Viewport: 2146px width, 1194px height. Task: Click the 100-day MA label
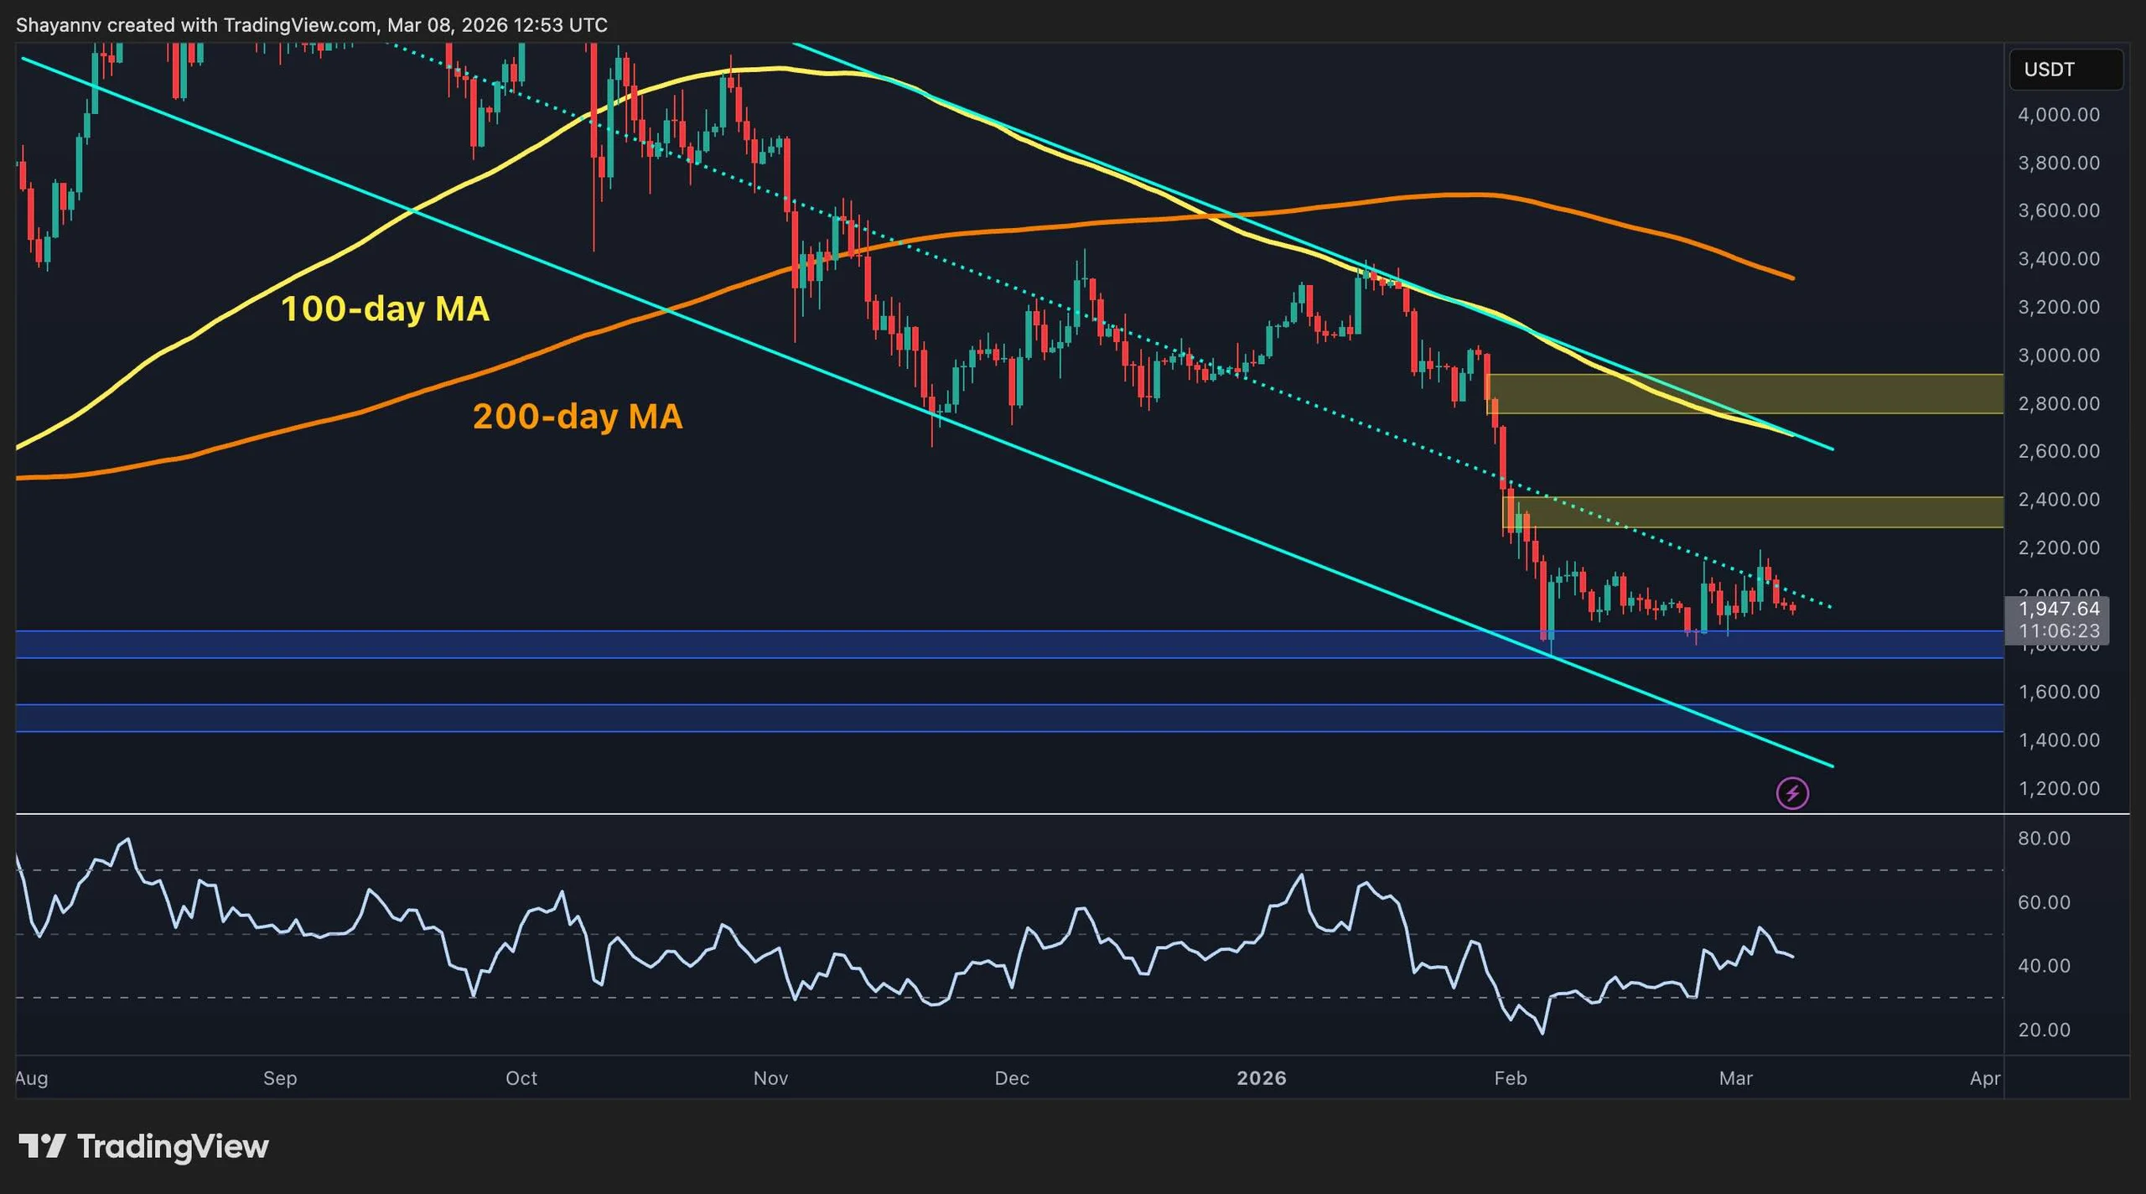[385, 309]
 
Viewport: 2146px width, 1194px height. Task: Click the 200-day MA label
[578, 417]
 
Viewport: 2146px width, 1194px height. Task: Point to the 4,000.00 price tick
[2058, 115]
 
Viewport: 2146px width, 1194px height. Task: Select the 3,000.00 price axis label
[2058, 356]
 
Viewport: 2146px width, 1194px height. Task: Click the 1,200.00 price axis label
[2058, 789]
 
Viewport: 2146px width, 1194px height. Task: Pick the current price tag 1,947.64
[2058, 609]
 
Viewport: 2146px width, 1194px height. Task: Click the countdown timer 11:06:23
[2058, 631]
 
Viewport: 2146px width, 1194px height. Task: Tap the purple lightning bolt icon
[1792, 792]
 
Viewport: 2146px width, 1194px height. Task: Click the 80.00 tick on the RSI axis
[2044, 838]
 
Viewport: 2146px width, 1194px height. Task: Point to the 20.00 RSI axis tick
[2044, 1030]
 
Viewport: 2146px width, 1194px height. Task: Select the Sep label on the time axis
[280, 1078]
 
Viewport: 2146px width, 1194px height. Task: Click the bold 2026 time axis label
[1262, 1078]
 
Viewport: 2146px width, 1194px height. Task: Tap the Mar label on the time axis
[1735, 1078]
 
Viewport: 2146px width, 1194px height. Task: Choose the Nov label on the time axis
[770, 1078]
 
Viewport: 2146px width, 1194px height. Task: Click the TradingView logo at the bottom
[144, 1146]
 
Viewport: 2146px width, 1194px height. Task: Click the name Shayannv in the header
[58, 25]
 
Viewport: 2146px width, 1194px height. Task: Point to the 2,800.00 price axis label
[2058, 404]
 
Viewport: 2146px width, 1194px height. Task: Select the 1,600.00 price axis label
[2058, 693]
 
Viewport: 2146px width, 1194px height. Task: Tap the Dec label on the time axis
[1012, 1078]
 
